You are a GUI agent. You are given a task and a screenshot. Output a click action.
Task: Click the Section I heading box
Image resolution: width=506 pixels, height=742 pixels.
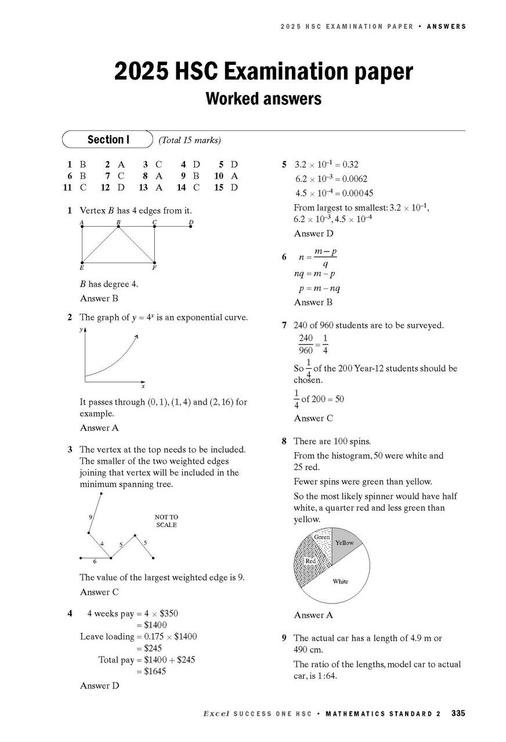pyautogui.click(x=107, y=140)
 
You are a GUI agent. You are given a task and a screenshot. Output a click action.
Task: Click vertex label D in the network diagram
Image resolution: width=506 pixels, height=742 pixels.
pyautogui.click(x=191, y=222)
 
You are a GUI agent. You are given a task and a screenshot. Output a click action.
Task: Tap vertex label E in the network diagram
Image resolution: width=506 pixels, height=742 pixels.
pyautogui.click(x=82, y=268)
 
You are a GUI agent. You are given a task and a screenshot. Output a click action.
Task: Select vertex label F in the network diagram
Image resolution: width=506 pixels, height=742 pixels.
pyautogui.click(x=154, y=268)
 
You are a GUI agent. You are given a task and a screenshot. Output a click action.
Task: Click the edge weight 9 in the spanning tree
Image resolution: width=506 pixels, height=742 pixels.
pyautogui.click(x=91, y=516)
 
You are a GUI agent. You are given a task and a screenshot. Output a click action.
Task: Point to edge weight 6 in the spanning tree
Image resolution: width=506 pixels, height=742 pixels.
pyautogui.click(x=95, y=562)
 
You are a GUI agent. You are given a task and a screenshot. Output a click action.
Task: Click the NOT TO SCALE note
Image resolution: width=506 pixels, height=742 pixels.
pyautogui.click(x=166, y=521)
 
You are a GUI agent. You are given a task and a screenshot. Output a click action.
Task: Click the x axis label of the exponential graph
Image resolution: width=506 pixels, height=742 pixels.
pyautogui.click(x=143, y=386)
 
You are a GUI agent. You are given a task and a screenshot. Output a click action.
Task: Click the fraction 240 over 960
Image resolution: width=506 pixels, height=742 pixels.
pyautogui.click(x=306, y=344)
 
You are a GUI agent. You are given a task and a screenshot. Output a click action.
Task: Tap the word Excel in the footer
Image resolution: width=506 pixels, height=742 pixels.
pyautogui.click(x=216, y=714)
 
